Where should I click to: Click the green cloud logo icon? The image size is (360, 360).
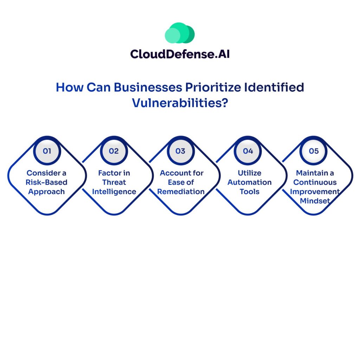point(180,33)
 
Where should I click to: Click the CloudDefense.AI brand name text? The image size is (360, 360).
point(180,54)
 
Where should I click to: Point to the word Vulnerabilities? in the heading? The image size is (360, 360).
point(180,103)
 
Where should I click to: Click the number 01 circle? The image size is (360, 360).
point(47,151)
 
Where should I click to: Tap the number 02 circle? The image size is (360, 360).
point(114,151)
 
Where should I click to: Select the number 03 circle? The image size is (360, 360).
point(180,151)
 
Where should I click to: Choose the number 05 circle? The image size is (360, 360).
point(314,151)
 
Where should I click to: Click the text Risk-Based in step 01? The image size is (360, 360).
point(46,182)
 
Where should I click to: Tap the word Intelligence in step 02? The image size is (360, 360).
point(114,192)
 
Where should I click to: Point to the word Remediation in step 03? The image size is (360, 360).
point(181,192)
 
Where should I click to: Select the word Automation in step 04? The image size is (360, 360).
point(250,182)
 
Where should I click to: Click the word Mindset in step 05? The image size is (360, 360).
point(315,201)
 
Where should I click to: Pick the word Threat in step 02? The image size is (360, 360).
point(114,182)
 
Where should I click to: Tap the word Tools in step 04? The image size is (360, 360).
point(250,192)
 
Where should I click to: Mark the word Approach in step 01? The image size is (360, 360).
point(46,192)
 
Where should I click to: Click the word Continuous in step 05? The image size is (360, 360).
point(315,182)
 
